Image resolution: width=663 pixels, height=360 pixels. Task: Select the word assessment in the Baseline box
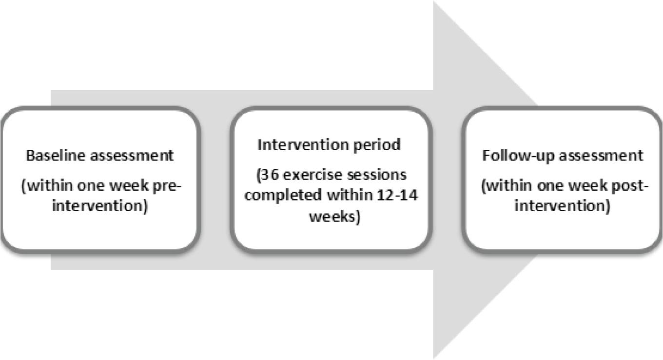pyautogui.click(x=132, y=156)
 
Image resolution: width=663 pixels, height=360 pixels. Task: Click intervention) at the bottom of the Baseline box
pyautogui.click(x=100, y=206)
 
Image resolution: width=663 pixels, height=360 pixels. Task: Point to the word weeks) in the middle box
pyautogui.click(x=335, y=217)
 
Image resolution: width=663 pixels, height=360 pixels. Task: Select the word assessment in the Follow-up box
pyautogui.click(x=601, y=156)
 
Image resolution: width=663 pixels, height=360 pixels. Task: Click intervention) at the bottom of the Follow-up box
pyautogui.click(x=563, y=206)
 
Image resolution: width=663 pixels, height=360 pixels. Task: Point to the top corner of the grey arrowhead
pyautogui.click(x=433, y=1)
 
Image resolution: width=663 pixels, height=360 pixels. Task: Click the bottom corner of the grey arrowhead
pyautogui.click(x=433, y=359)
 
